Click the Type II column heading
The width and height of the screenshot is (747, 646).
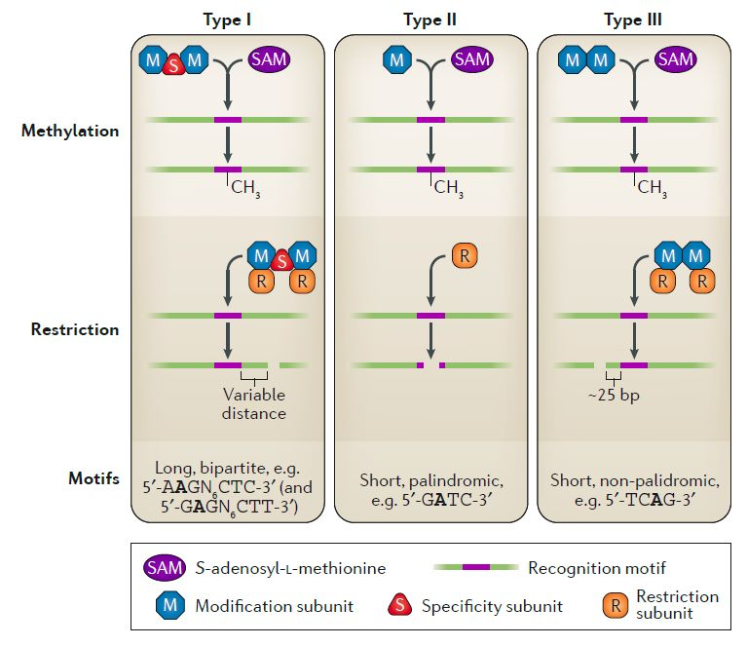coord(430,20)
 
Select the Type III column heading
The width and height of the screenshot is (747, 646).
coord(633,20)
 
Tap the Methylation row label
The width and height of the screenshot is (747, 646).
coord(70,131)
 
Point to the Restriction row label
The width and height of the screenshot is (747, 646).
coord(75,329)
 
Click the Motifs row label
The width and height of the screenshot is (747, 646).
coord(93,478)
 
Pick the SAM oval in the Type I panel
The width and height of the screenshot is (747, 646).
coord(269,59)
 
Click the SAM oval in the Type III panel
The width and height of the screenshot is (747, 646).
coord(676,59)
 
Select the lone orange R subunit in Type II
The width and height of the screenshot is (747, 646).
coord(465,255)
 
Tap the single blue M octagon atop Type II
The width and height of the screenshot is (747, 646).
coord(396,59)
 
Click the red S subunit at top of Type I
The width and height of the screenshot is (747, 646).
coord(173,65)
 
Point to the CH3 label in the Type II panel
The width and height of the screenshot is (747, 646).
coord(448,188)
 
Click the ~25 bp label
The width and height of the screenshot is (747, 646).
coord(614,396)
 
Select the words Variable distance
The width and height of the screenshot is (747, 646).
coord(254,403)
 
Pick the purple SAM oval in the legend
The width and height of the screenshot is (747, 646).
coord(165,568)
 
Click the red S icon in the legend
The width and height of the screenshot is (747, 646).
coord(400,605)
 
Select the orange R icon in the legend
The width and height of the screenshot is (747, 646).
coord(616,605)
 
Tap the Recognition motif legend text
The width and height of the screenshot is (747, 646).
coord(597,568)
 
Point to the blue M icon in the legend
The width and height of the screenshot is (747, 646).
coord(170,605)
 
